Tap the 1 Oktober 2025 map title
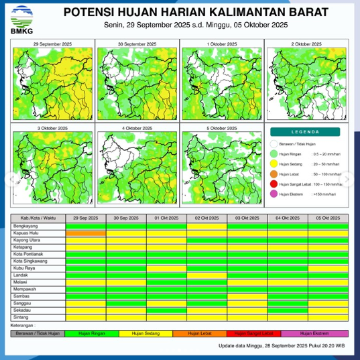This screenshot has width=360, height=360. point(222,44)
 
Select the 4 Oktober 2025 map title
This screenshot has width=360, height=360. point(137,127)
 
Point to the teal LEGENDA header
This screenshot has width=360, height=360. point(306,132)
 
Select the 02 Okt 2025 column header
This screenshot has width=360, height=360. point(207,218)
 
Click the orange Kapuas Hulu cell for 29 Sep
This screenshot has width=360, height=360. point(86,233)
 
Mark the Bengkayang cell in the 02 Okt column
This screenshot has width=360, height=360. point(207,227)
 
